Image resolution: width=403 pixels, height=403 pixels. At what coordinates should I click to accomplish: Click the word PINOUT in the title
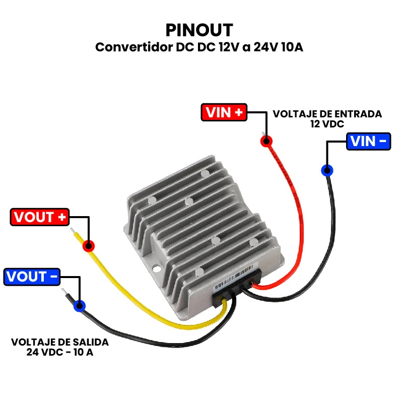199,29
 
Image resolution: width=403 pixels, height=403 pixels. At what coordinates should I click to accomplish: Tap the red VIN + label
224,112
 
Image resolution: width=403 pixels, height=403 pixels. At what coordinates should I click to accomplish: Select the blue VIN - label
369,142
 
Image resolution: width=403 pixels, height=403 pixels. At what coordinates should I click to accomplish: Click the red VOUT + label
40,217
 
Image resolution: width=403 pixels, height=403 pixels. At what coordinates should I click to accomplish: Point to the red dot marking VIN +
266,141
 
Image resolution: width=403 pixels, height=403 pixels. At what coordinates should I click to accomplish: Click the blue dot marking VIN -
327,170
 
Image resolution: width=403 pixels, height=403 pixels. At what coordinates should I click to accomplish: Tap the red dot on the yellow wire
89,246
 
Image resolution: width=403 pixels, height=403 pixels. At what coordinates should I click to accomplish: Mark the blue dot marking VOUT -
80,306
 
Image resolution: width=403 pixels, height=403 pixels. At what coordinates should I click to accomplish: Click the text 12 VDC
327,123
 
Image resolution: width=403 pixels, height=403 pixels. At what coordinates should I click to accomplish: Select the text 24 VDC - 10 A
59,352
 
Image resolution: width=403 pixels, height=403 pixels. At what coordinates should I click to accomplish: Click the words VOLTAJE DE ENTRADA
327,114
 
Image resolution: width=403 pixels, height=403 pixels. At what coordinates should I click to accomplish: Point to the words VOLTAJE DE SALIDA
59,342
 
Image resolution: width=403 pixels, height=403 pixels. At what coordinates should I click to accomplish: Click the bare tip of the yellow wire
74,233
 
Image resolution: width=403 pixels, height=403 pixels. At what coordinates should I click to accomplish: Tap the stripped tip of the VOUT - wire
65,293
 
